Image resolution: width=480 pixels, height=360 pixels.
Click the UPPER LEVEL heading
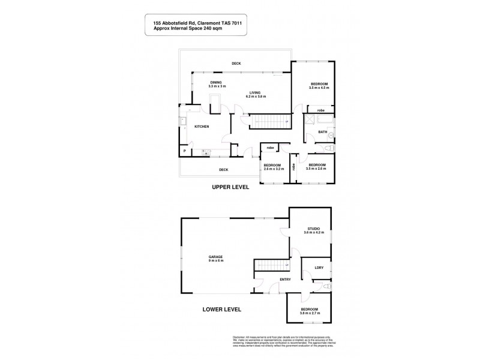click(231, 187)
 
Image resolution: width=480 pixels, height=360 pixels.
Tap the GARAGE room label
click(216, 257)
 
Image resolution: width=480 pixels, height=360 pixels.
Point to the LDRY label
click(319, 267)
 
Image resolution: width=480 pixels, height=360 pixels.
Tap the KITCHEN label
click(201, 127)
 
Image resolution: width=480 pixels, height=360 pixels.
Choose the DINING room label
click(216, 82)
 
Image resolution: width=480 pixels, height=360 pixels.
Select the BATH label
click(323, 132)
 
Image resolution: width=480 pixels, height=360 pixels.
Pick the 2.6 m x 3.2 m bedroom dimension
click(272, 169)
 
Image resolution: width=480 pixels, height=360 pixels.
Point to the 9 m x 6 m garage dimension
click(216, 261)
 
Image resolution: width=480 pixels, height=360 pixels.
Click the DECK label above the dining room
click(236, 64)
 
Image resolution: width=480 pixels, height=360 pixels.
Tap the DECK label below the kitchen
click(224, 170)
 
